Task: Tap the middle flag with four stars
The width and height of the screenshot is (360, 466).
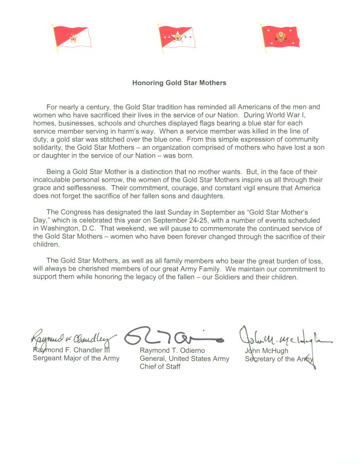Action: point(179,38)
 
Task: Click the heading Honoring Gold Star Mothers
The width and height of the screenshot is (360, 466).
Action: point(179,83)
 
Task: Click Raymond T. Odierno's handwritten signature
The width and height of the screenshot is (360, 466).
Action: point(174,337)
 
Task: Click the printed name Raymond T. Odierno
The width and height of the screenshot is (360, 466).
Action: point(175,351)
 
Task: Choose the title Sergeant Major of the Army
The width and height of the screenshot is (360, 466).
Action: point(75,359)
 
